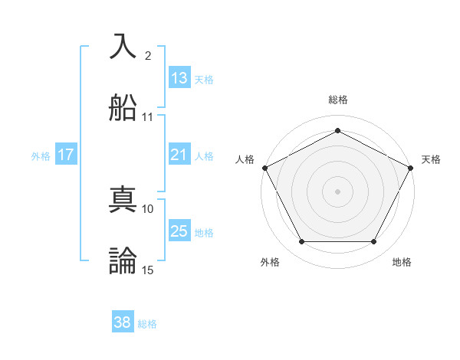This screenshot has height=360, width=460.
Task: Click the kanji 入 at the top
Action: [123, 47]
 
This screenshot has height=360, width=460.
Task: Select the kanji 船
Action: [123, 108]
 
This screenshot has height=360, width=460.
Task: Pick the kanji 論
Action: [123, 260]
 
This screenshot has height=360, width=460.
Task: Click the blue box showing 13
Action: [179, 78]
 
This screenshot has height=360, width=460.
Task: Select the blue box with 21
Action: [179, 155]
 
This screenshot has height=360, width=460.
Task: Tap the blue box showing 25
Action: [179, 231]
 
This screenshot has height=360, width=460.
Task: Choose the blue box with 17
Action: [66, 155]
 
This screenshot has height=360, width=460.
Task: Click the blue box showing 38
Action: [123, 323]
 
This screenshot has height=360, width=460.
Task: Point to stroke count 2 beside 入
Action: [148, 56]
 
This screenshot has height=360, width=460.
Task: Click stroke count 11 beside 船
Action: [148, 117]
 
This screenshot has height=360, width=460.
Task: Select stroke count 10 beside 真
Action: [148, 208]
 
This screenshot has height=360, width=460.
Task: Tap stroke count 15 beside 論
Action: [148, 270]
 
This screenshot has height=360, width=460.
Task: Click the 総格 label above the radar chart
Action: [337, 100]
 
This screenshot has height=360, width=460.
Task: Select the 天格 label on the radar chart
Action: [431, 159]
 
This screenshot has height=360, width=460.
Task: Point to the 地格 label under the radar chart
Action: [402, 262]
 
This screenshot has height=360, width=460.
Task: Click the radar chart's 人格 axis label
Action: [245, 159]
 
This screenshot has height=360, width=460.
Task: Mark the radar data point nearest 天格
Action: [411, 168]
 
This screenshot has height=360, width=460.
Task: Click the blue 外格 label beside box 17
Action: [41, 155]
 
